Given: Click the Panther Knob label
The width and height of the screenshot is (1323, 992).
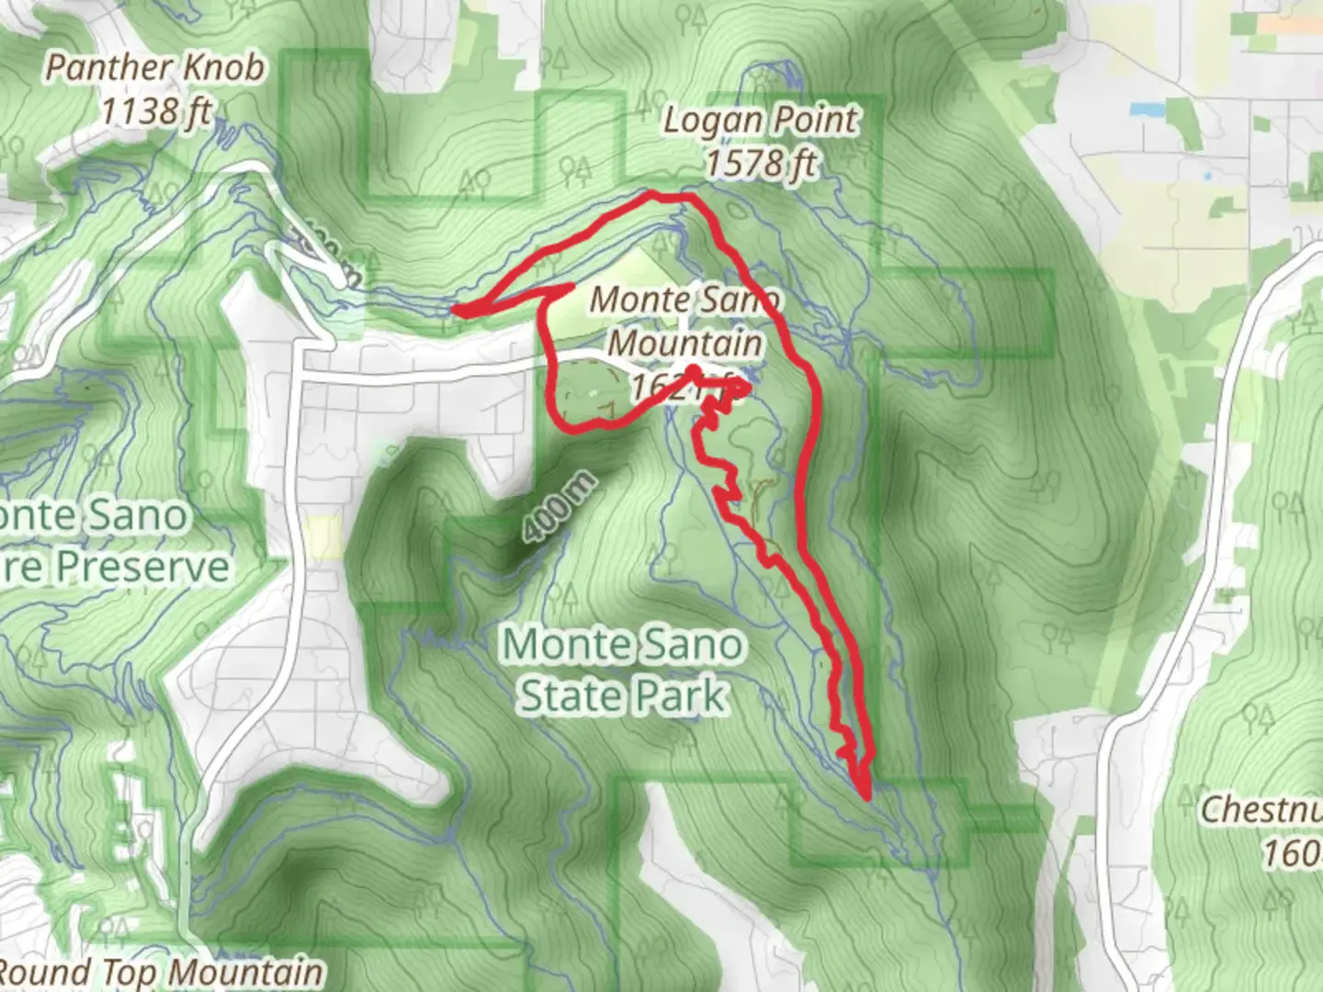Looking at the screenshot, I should tap(154, 67).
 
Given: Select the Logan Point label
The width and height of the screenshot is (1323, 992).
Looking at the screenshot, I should tap(761, 120).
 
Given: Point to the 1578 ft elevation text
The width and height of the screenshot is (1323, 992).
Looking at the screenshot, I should tap(761, 163).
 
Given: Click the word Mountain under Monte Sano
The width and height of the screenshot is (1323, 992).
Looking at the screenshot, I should tap(685, 344).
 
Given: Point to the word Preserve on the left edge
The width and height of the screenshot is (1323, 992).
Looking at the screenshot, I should tap(119, 567).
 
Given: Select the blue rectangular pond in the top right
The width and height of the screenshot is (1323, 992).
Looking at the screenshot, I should tap(1145, 109).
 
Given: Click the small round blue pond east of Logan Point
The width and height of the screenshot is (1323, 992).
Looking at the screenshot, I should tap(1206, 175).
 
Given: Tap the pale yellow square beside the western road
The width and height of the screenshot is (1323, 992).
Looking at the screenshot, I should tap(322, 538).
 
